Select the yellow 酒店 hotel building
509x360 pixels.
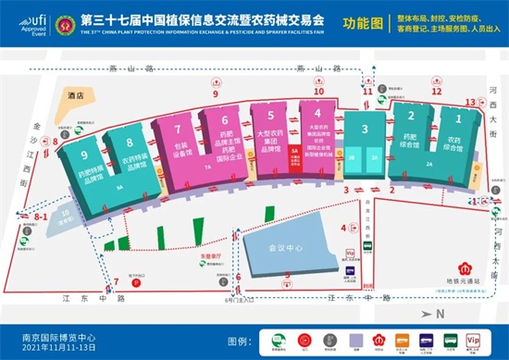tap(90, 95)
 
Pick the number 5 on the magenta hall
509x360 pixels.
tap(269, 116)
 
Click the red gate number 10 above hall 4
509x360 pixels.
tap(318, 91)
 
